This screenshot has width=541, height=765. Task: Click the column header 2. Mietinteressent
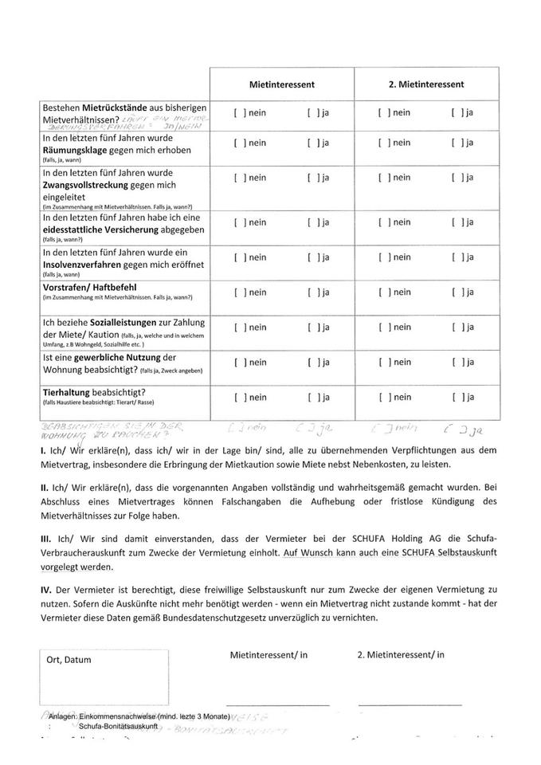pos(426,84)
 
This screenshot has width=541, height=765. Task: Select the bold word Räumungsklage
pos(79,148)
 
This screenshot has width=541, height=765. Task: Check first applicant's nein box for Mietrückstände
pos(238,113)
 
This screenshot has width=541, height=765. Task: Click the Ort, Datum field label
pos(69,660)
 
